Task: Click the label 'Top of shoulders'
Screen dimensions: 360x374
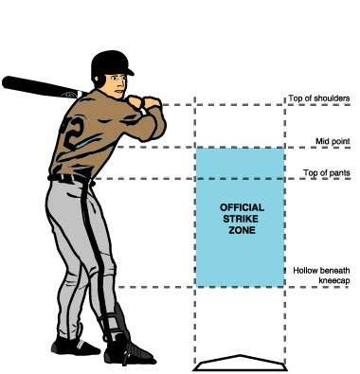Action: (x=322, y=98)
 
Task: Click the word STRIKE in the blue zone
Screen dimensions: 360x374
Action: (x=241, y=218)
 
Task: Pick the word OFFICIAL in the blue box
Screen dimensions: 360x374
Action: (x=241, y=206)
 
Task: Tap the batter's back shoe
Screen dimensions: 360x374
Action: (x=70, y=350)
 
